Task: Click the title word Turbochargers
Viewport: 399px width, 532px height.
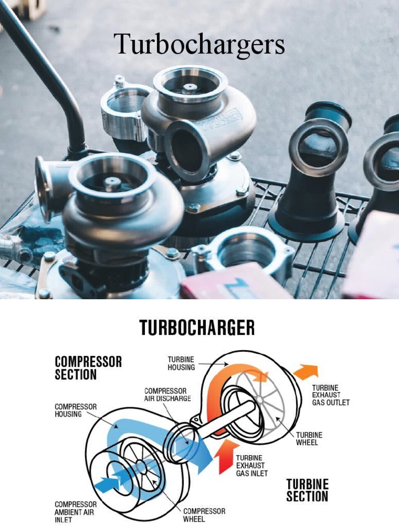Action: point(199,44)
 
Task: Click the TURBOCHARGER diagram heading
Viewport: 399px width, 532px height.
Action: point(197,328)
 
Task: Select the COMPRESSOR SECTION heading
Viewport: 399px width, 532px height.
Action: point(88,368)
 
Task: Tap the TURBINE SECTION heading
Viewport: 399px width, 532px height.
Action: point(308,490)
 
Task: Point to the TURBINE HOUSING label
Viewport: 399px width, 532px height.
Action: point(181,363)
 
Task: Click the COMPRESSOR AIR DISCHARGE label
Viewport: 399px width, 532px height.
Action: point(167,395)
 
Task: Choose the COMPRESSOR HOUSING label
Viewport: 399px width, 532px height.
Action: point(75,410)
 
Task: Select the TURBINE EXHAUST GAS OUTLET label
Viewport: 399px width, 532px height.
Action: point(330,395)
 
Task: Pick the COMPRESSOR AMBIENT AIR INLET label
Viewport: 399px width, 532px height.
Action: point(76,512)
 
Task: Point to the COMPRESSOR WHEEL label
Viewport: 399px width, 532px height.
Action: point(204,515)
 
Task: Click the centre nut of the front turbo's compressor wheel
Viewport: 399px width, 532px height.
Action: point(112,183)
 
